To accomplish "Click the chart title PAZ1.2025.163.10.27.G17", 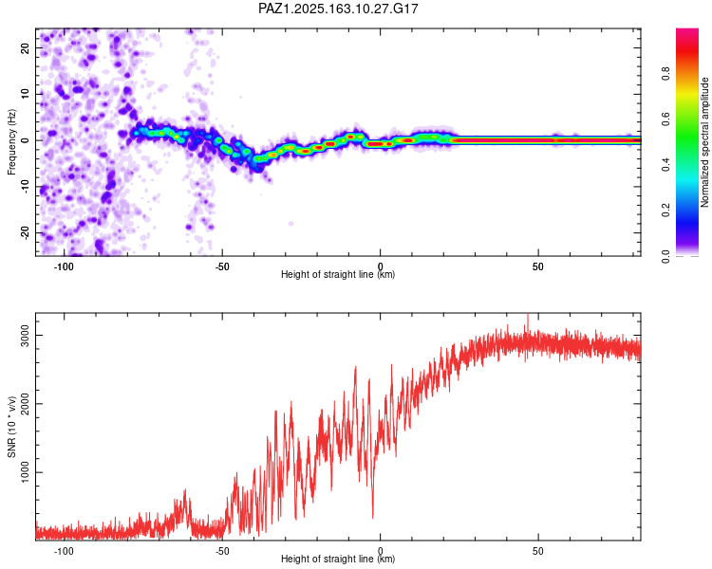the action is coord(338,9).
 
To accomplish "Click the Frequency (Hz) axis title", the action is coord(11,141).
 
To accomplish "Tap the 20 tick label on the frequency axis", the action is coord(25,47).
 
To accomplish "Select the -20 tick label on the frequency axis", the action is coord(25,232).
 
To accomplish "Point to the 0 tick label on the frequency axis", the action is coord(25,140).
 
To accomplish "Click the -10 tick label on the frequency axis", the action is coord(25,186).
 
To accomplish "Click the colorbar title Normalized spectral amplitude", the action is coord(704,142).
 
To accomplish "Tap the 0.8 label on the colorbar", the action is coord(665,74).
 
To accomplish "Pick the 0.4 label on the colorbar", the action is coord(665,165).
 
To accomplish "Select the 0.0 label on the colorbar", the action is coord(665,256).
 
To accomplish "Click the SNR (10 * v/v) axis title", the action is coord(11,427).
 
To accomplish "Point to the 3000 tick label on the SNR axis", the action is coord(25,336).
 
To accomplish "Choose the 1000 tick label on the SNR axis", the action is coord(25,472).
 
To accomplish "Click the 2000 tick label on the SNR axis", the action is coord(25,404).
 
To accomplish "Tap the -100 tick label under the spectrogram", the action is coord(64,266).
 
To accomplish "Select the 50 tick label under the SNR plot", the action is coord(538,551).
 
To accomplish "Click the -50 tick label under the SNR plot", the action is coord(221,551).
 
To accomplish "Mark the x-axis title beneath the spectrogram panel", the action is coord(338,274).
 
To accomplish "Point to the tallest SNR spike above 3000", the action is coord(528,315).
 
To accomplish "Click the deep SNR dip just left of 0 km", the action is coord(373,516).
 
